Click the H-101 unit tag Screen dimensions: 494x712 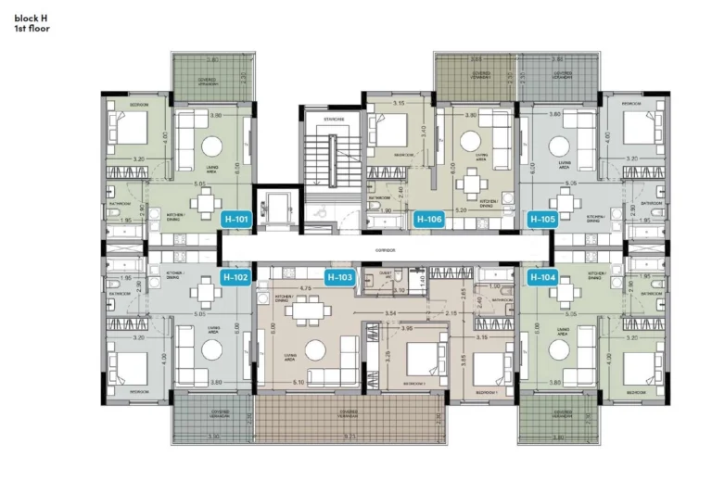click(236, 220)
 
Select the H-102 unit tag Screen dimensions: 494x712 click(236, 276)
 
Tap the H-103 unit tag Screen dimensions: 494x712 click(340, 276)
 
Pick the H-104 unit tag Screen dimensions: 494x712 click(542, 276)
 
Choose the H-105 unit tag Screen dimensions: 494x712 click(542, 220)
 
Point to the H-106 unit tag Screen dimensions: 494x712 click(428, 220)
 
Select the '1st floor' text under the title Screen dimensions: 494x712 click(32, 29)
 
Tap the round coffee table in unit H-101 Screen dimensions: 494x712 click(211, 146)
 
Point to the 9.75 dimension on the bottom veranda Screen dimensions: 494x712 click(349, 437)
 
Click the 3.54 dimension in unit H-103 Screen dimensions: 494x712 click(391, 314)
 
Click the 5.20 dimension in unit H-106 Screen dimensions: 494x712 click(461, 211)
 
